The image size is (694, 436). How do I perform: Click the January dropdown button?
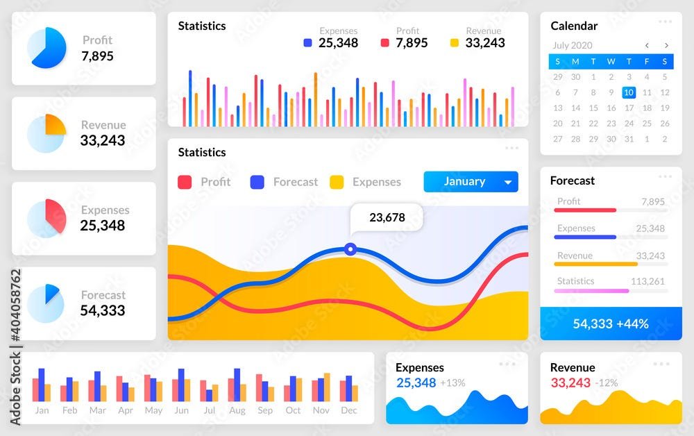tap(471, 181)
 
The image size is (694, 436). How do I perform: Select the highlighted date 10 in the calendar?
tap(629, 92)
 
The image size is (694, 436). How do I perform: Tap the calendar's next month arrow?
tap(666, 45)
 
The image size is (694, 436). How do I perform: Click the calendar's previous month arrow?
tap(647, 45)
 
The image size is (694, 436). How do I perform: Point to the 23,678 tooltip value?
tap(387, 217)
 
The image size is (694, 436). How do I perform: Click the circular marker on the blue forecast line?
tap(350, 249)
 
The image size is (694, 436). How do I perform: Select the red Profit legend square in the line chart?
tap(185, 182)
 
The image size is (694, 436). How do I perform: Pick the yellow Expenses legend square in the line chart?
tap(337, 182)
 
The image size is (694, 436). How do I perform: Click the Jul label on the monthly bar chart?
tap(210, 410)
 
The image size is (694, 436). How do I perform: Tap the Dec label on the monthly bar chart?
tap(349, 410)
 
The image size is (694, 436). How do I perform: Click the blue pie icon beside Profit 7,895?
tap(46, 48)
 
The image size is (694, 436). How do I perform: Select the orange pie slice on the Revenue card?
tap(56, 124)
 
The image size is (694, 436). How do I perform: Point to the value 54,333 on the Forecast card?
tap(103, 310)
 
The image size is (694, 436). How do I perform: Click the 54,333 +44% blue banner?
tap(611, 324)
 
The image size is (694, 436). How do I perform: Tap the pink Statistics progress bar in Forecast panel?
tap(591, 291)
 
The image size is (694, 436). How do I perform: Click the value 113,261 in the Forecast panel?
tap(648, 281)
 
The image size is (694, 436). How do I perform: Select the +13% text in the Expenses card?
tap(452, 383)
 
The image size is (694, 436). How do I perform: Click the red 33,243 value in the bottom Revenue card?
tap(570, 383)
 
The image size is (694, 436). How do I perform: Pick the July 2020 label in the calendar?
tap(573, 45)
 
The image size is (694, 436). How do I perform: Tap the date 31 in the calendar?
tap(629, 139)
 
